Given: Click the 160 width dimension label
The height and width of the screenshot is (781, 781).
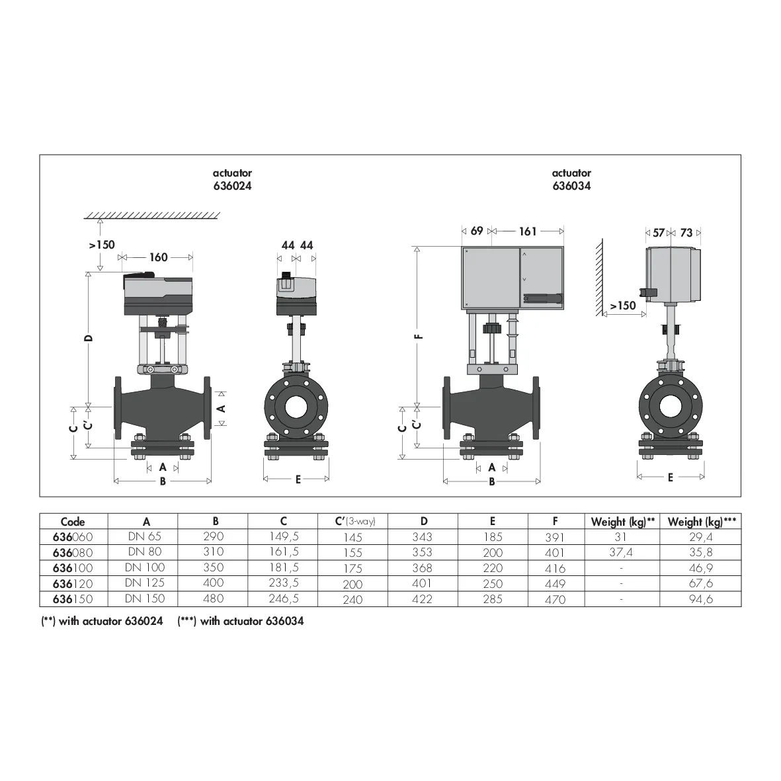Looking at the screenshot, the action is (159, 257).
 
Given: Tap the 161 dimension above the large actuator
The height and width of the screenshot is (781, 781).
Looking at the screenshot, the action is (528, 231).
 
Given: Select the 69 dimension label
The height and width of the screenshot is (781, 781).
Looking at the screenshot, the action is (477, 231).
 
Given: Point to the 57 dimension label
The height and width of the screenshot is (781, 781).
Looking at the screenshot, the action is (659, 233).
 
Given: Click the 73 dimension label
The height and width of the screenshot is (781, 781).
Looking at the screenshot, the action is (686, 233).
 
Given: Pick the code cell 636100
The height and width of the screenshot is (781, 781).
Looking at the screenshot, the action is (73, 568).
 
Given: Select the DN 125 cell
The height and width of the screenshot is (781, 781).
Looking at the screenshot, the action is (144, 583).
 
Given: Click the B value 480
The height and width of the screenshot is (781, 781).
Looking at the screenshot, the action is (214, 598).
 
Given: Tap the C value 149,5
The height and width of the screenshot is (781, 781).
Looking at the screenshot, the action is (284, 536).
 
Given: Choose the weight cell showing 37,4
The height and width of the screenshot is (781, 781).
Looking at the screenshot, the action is (620, 552).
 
